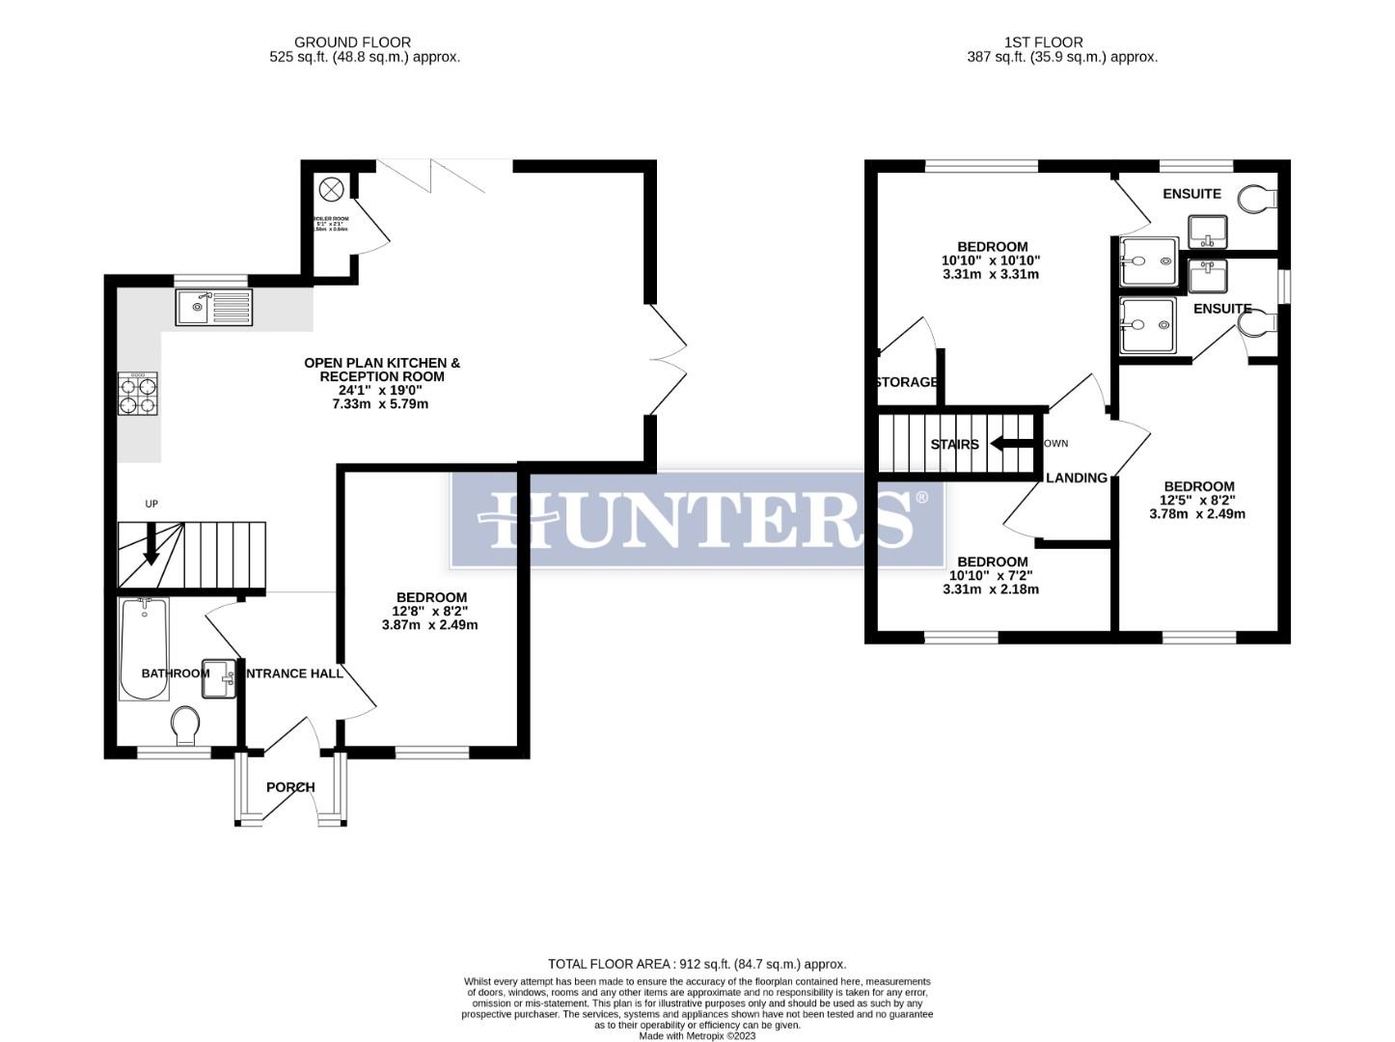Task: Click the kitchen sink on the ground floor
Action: coord(213,307)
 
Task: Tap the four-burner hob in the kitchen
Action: coord(138,395)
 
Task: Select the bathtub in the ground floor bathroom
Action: coord(144,647)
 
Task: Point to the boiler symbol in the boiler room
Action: coord(331,189)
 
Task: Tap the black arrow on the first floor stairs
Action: coord(1012,444)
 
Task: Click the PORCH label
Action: coord(290,787)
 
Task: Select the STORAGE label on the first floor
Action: coord(907,382)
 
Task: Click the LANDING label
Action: coord(1077,478)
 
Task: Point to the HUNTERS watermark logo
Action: coord(697,519)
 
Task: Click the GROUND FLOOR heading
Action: coord(352,42)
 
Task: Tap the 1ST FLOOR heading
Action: coord(1043,42)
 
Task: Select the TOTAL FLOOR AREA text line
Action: coord(697,964)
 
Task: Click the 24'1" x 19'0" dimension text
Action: coord(382,391)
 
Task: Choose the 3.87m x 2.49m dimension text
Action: coord(429,625)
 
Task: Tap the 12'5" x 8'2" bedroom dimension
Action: coord(1197,500)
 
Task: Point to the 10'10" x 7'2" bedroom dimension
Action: coord(991,576)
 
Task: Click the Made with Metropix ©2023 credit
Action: coord(697,1036)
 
